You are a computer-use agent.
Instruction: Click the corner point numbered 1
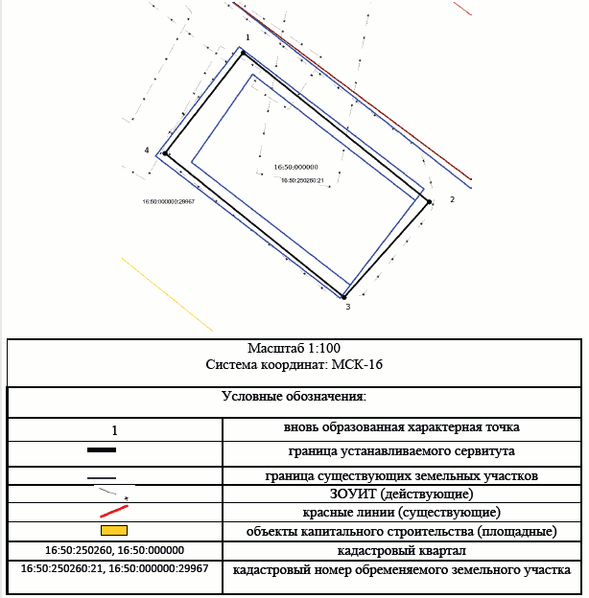[x=243, y=53]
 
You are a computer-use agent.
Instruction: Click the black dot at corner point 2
[x=429, y=202]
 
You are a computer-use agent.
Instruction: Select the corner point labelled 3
[x=343, y=297]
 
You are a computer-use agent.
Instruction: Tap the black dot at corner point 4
[x=165, y=153]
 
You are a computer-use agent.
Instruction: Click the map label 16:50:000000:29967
[x=168, y=201]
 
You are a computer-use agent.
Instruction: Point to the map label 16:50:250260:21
[x=302, y=180]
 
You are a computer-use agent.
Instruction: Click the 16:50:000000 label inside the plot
[x=295, y=167]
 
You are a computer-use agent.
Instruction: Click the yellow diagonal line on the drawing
[x=167, y=294]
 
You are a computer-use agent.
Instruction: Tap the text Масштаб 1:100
[x=294, y=348]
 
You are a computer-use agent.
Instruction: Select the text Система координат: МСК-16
[x=294, y=364]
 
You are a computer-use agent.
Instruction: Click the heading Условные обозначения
[x=294, y=396]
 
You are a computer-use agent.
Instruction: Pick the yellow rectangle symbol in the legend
[x=114, y=531]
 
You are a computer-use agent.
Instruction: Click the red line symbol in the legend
[x=114, y=512]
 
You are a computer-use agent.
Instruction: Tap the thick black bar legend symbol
[x=102, y=450]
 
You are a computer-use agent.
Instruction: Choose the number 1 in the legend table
[x=114, y=430]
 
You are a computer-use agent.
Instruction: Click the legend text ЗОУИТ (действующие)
[x=402, y=494]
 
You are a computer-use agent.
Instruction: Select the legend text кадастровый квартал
[x=402, y=551]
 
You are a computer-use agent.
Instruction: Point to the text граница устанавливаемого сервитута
[x=402, y=451]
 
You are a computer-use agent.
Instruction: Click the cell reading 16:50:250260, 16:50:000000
[x=114, y=550]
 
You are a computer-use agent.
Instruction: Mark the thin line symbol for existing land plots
[x=102, y=478]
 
